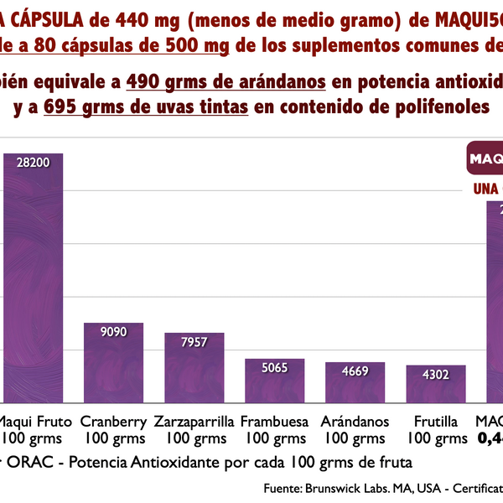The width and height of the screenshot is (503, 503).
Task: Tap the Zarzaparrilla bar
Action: [194, 369]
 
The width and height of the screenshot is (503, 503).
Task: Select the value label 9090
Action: [113, 332]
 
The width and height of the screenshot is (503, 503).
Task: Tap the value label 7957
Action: [194, 341]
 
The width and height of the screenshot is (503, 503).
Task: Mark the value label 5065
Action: [274, 367]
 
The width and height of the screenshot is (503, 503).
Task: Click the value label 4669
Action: [355, 371]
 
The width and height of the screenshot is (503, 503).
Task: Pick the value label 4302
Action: [435, 374]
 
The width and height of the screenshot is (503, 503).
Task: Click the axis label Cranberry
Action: [113, 421]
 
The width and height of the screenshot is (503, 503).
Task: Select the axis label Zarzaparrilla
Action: [194, 421]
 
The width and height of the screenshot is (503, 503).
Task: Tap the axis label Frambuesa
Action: [274, 421]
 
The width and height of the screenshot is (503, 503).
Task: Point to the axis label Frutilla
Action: [435, 421]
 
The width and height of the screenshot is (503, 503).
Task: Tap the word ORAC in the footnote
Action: [24, 462]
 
